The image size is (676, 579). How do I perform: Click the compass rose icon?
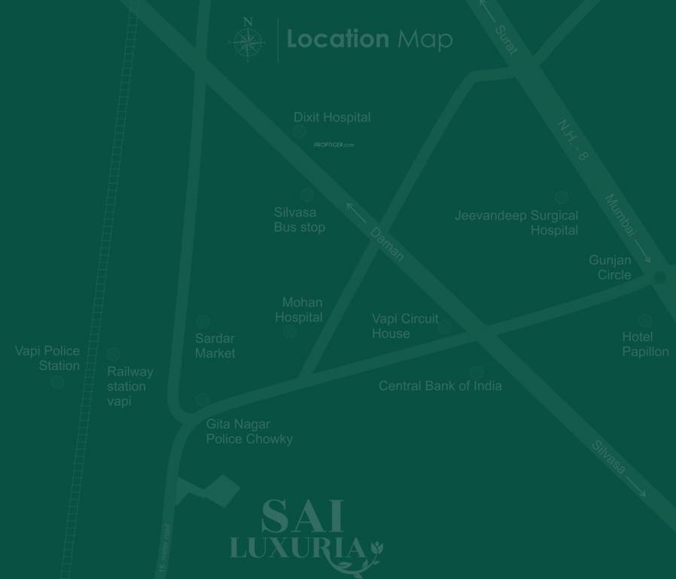pos(248,41)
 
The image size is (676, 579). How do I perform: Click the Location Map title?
pos(369,39)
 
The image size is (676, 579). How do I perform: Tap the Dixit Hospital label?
pos(332,118)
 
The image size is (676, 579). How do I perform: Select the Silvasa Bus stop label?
pos(300,220)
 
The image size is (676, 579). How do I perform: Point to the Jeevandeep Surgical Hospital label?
pos(517,222)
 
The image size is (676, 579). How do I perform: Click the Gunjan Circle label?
pos(611,268)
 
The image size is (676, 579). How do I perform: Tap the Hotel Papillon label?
pos(645,344)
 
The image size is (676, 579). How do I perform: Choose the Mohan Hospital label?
pos(300,310)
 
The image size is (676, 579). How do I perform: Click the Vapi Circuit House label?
pos(405,326)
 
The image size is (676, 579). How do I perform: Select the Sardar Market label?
pos(215,345)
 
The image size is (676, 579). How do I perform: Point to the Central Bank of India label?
pos(440,386)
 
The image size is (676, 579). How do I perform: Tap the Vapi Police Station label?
pos(48,358)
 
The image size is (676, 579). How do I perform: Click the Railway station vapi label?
pos(129,386)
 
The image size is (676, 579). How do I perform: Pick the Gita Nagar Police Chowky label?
pos(249,431)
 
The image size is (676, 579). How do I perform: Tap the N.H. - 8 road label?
pos(573,140)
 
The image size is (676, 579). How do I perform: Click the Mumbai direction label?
pos(621,216)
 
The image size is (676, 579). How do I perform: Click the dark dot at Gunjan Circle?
pos(660,277)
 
